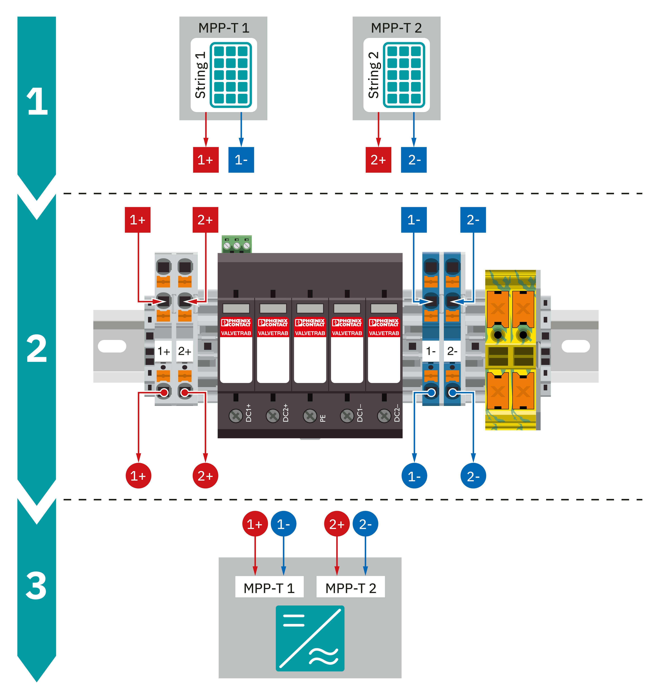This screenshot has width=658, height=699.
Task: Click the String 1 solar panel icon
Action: tap(231, 75)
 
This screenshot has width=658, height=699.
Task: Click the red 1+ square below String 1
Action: tap(206, 160)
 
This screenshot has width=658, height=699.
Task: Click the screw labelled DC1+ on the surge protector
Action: tap(236, 416)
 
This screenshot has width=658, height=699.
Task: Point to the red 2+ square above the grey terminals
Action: tap(205, 220)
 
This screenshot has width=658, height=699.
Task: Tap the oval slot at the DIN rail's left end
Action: tap(112, 346)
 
